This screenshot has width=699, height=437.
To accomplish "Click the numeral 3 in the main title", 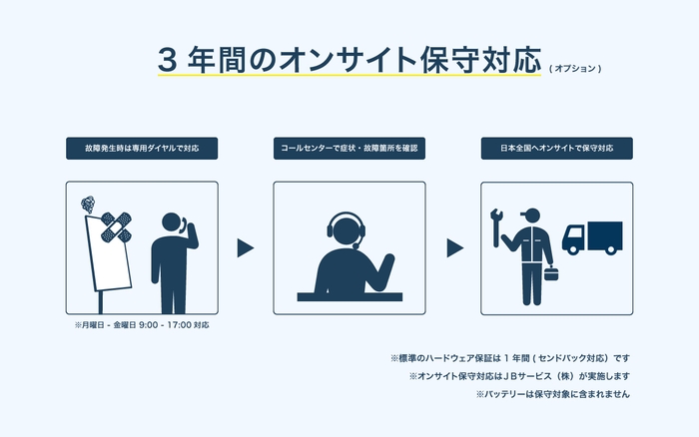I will tap(169, 59).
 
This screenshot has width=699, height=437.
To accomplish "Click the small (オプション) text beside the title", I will tap(575, 69).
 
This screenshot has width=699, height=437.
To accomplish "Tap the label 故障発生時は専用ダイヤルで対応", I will tap(142, 148).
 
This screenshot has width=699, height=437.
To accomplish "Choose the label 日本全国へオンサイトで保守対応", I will tap(556, 148).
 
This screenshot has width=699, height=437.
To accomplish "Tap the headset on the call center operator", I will tap(346, 231).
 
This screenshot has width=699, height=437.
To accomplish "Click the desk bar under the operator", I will tap(349, 296).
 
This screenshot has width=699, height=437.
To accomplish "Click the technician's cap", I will tap(531, 212).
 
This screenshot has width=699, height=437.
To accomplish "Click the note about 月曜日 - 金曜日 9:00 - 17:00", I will tap(142, 325).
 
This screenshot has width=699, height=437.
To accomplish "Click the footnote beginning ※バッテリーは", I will tap(553, 394).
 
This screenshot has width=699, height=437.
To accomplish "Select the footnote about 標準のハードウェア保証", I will tap(509, 357).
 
